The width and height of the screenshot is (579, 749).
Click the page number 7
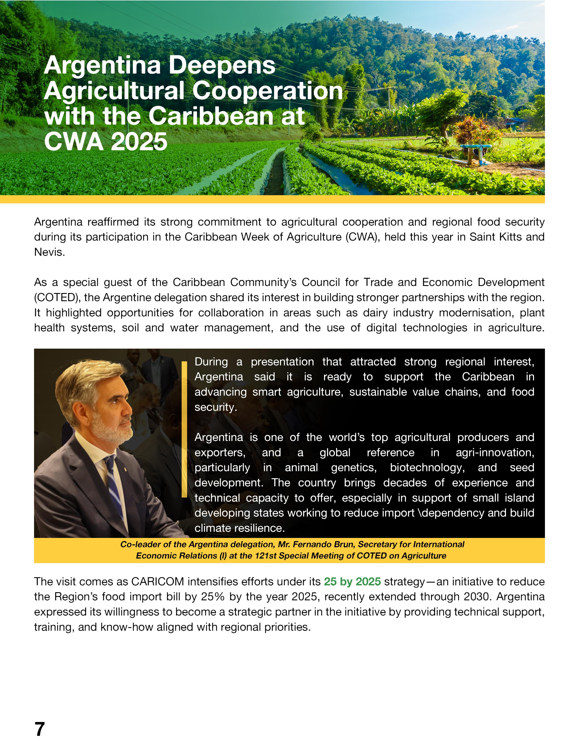[40, 729]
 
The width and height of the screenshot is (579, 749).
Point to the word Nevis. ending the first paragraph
[49, 252]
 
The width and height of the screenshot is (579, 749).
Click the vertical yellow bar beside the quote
[184, 429]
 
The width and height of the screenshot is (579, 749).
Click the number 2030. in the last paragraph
[478, 596]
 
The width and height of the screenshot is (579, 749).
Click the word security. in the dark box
[215, 407]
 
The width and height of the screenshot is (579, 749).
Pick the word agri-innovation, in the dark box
[495, 452]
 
